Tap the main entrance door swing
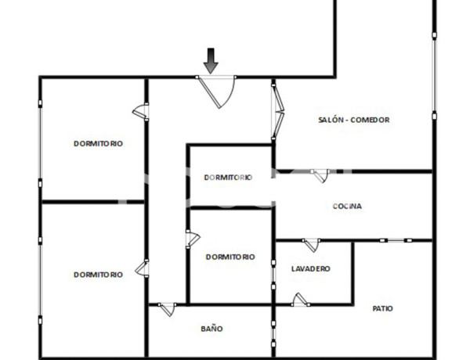[x=219, y=92]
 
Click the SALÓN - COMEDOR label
[x=354, y=120]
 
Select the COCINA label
[x=347, y=207]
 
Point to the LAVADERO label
[x=310, y=268]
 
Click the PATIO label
[x=383, y=308]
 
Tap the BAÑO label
[x=211, y=329]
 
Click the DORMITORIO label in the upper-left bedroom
[x=98, y=143]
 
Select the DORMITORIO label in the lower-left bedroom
[x=98, y=275]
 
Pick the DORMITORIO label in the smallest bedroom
[x=228, y=178]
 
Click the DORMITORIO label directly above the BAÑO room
[x=230, y=257]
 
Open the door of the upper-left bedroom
[x=141, y=112]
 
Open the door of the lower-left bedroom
[x=142, y=268]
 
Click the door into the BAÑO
[x=167, y=308]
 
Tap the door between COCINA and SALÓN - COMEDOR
[x=319, y=175]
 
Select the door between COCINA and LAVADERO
[x=311, y=245]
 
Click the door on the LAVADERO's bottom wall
[x=298, y=300]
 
